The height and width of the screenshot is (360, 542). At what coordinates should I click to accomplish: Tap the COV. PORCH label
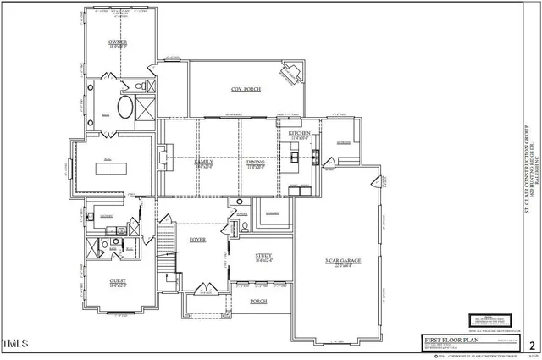(x=246, y=89)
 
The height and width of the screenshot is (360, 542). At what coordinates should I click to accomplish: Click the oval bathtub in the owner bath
(x=125, y=108)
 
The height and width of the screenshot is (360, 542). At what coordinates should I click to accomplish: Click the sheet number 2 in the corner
(x=532, y=346)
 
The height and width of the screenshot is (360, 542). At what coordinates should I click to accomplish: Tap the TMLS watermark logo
(x=16, y=344)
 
